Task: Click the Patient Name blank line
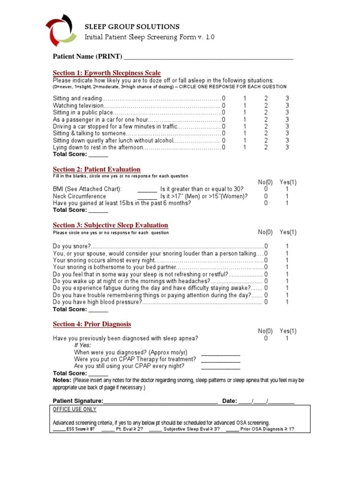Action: [x=208, y=58]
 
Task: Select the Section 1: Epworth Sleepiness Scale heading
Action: [x=106, y=73]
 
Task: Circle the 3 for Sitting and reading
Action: [x=287, y=98]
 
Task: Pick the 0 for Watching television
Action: [x=224, y=105]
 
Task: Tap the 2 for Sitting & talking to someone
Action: [x=266, y=134]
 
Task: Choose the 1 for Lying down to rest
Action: [x=244, y=147]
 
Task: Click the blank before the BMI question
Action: [x=147, y=189]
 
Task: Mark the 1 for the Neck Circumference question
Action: [x=287, y=196]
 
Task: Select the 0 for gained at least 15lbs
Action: [x=266, y=203]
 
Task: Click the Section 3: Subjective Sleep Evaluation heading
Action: [x=110, y=225]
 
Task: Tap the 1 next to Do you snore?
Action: [x=287, y=246]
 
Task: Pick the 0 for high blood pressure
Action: [x=266, y=302]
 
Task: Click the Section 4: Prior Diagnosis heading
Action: [x=92, y=324]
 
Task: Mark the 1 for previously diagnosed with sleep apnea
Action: [x=287, y=338]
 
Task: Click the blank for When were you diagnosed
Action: [x=220, y=353]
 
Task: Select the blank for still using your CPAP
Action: [x=220, y=367]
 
